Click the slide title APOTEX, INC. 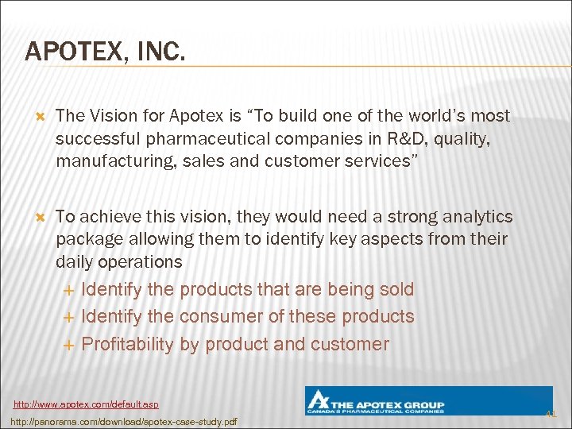(x=106, y=52)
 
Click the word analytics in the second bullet (x=476, y=216)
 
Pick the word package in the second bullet (x=86, y=239)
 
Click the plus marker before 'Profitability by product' (x=68, y=345)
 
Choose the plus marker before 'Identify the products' (x=68, y=290)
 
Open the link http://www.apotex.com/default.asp (x=91, y=405)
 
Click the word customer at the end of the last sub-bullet (x=350, y=344)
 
